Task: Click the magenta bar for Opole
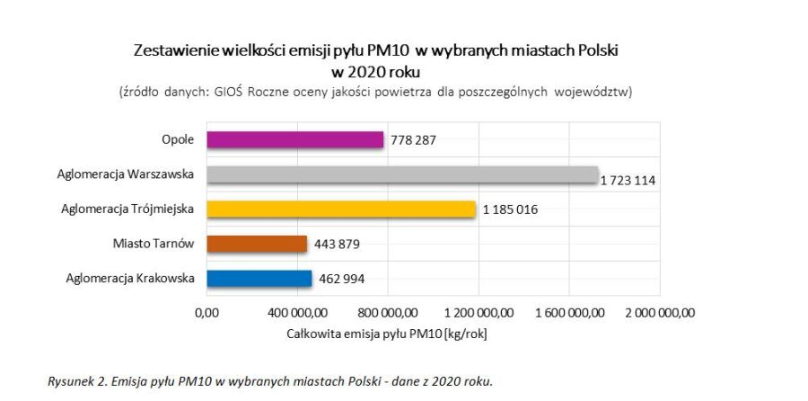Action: [x=295, y=140]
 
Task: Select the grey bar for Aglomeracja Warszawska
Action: [x=402, y=174]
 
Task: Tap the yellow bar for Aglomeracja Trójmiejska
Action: [x=341, y=209]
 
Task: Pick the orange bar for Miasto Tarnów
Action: [x=257, y=244]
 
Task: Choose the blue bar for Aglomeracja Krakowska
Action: [x=259, y=279]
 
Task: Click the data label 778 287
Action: [x=417, y=140]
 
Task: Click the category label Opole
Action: [x=175, y=140]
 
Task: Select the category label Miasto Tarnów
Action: [x=154, y=244]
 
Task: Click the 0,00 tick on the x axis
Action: [x=207, y=313]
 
